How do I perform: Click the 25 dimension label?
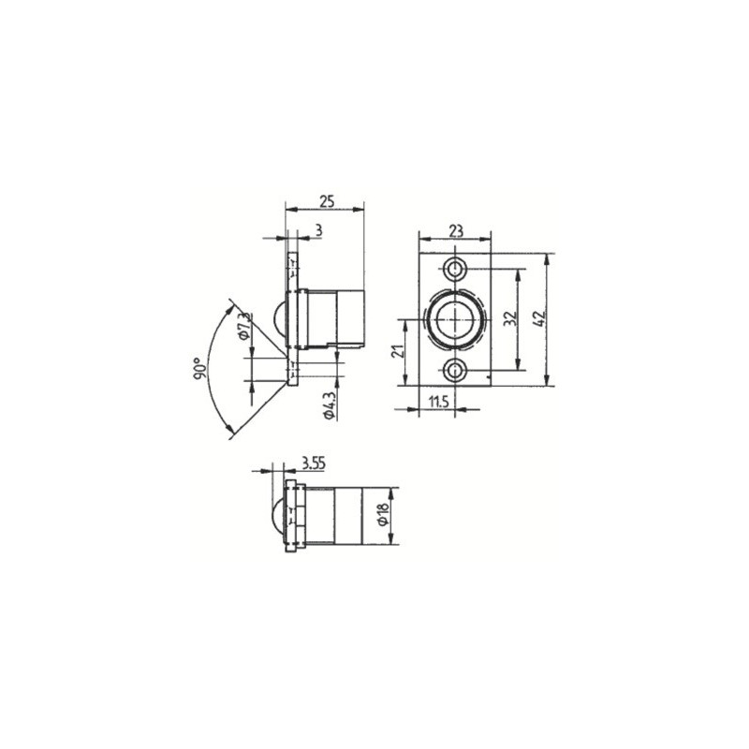pyautogui.click(x=327, y=201)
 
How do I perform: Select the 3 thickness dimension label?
pyautogui.click(x=319, y=230)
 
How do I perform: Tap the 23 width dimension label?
pyautogui.click(x=456, y=230)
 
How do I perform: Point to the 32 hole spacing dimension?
pyautogui.click(x=510, y=318)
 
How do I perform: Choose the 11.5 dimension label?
pyautogui.click(x=438, y=402)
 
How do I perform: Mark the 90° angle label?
pyautogui.click(x=200, y=369)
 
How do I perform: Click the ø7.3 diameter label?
pyautogui.click(x=243, y=326)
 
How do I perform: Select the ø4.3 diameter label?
pyautogui.click(x=330, y=406)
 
